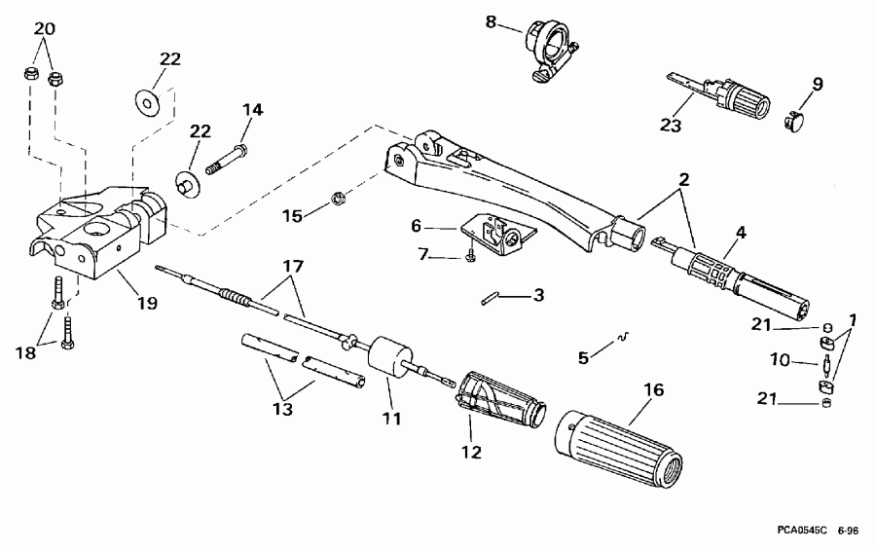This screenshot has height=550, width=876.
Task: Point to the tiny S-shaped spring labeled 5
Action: click(x=624, y=337)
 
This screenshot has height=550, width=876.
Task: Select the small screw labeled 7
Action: click(x=470, y=256)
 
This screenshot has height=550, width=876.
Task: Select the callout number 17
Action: click(x=292, y=268)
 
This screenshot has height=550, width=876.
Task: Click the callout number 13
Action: click(x=282, y=409)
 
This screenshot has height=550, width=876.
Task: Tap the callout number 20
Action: click(x=45, y=28)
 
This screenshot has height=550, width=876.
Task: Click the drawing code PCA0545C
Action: click(x=801, y=530)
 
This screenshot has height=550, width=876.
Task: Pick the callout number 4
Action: click(x=741, y=232)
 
